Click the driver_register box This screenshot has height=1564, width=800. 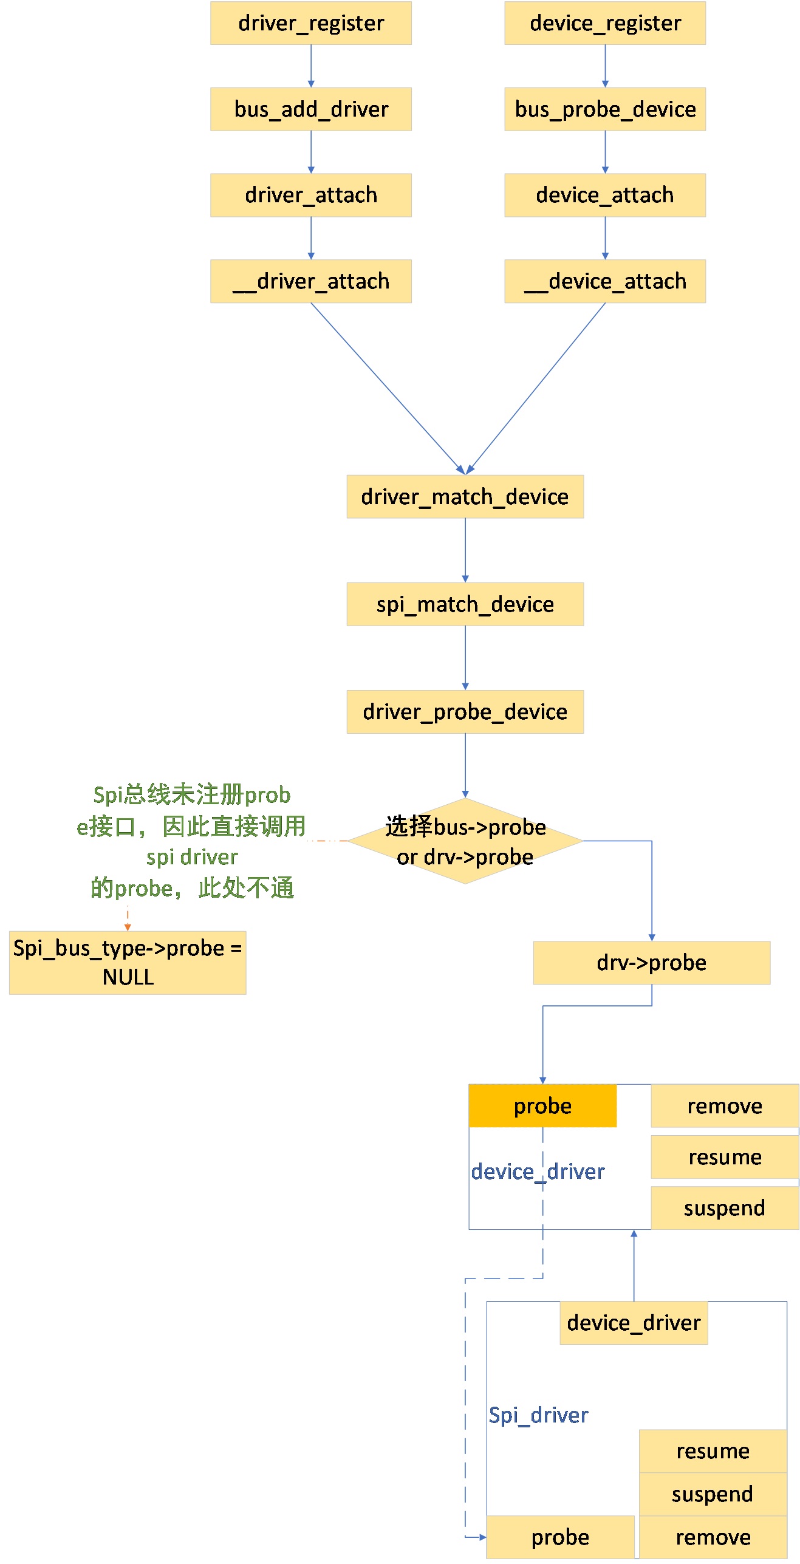click(310, 23)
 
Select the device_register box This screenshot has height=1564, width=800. click(604, 23)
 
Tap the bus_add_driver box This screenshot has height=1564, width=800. click(310, 109)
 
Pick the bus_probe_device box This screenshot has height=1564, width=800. click(604, 109)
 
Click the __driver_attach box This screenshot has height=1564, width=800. click(310, 281)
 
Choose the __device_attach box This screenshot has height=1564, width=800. click(604, 281)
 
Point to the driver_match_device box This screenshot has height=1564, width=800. click(465, 497)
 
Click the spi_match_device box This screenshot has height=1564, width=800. click(465, 604)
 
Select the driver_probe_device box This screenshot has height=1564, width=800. click(465, 712)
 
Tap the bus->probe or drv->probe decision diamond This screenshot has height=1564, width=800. click(465, 841)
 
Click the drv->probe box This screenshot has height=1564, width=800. click(651, 963)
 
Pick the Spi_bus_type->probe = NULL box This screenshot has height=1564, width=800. click(128, 963)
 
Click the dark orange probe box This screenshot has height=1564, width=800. click(542, 1106)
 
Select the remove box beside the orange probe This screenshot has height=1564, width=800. click(724, 1106)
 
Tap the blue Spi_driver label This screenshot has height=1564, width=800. click(538, 1415)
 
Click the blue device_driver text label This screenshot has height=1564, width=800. click(538, 1172)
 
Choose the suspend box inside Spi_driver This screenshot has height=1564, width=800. click(713, 1494)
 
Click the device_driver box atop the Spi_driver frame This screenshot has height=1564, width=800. click(634, 1323)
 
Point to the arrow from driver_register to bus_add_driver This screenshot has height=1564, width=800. click(311, 66)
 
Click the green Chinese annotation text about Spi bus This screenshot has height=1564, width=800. click(191, 841)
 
